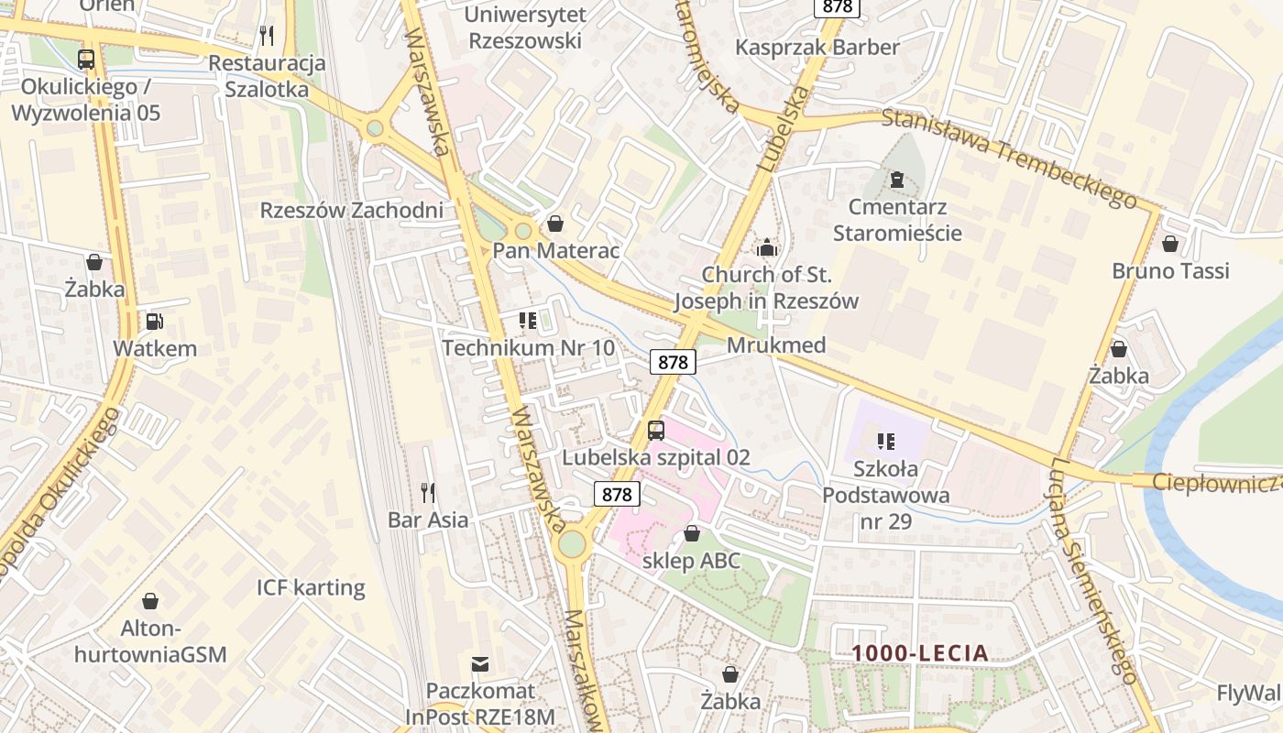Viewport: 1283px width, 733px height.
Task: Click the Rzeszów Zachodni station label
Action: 352,210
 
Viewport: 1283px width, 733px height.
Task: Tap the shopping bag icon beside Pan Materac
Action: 554,224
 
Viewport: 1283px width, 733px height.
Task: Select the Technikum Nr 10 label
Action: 528,348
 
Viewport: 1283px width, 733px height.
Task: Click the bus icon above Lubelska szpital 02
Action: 656,430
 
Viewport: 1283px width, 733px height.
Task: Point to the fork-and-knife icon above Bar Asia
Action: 428,493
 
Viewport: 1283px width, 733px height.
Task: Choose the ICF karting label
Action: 311,587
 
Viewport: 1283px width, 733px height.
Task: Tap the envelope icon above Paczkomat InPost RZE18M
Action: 480,664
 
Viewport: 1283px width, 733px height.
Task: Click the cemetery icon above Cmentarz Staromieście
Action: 896,179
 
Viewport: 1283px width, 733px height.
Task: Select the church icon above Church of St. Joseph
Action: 766,247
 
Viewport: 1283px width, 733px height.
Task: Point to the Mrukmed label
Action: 776,345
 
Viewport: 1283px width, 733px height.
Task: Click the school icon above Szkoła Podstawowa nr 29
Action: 885,442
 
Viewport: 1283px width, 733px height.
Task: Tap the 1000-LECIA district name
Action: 920,653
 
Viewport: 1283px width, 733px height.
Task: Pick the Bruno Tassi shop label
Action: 1170,271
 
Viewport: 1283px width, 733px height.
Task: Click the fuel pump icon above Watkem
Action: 155,322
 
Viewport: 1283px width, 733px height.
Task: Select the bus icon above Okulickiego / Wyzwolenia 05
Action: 86,60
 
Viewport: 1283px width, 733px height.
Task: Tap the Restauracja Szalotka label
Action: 268,76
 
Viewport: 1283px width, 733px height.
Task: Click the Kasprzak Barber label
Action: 817,47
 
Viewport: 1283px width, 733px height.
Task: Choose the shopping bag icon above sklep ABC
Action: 692,533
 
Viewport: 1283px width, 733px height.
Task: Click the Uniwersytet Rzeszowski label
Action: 524,27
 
